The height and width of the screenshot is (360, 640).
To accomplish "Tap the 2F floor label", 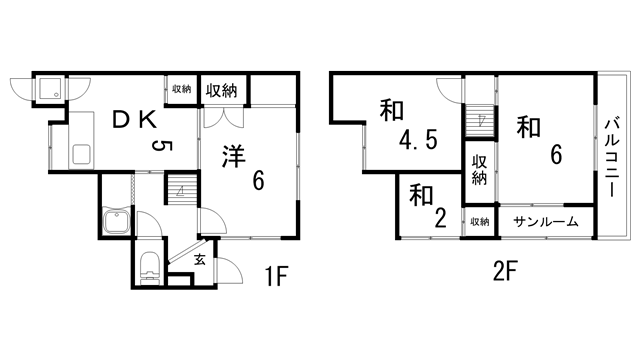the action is point(504,270).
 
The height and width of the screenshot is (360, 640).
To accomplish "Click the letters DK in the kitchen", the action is point(133,121).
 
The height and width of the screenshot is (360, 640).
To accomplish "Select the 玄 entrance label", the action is point(199,260).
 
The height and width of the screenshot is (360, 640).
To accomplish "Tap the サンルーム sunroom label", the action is point(546,221).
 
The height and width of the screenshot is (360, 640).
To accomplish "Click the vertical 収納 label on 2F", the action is point(480,170).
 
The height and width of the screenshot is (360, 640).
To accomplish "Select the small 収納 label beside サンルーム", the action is point(480,222).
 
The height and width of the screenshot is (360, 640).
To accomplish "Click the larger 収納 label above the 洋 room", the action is point(222,91).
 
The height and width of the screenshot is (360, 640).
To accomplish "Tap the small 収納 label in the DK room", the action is point(180,89).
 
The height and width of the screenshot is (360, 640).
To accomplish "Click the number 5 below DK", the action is point(159,148).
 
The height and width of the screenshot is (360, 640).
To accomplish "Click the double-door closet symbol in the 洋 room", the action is point(222,117).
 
